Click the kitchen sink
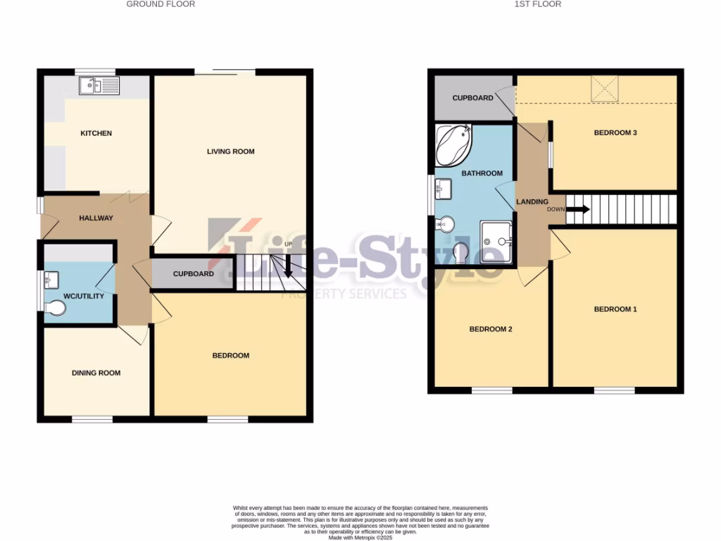(100, 87)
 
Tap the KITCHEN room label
(96, 133)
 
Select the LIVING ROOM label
(230, 151)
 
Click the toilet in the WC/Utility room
(56, 309)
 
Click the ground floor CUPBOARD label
(193, 273)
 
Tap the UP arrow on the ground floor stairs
(288, 266)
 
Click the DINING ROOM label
(96, 373)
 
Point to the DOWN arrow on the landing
(577, 209)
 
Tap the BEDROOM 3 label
(615, 132)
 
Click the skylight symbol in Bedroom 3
(603, 88)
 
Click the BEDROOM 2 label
(491, 329)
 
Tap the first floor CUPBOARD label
(472, 98)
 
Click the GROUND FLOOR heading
(161, 4)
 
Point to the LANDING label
(532, 202)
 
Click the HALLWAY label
(96, 218)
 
